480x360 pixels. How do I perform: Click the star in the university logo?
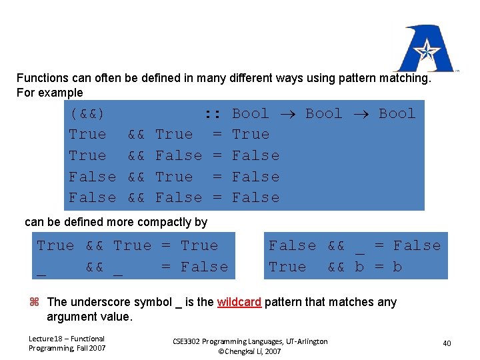[x=425, y=49]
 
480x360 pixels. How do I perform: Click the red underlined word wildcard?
[x=240, y=302]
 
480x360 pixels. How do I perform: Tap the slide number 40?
[x=447, y=343]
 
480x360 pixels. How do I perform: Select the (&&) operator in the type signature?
[x=87, y=114]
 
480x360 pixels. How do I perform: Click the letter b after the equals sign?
[x=397, y=267]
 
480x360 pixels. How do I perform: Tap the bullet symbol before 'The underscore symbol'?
[x=35, y=303]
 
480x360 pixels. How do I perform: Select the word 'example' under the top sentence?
[x=63, y=93]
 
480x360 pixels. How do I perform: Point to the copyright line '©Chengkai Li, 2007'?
[x=250, y=351]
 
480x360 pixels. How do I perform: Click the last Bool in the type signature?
[x=397, y=114]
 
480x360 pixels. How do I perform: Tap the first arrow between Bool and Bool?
[x=287, y=114]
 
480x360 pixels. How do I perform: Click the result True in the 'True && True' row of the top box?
[x=251, y=135]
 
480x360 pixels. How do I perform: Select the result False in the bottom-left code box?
[x=204, y=267]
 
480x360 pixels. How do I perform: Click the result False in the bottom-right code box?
[x=417, y=246]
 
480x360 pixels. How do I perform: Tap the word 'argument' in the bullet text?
[x=70, y=317]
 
